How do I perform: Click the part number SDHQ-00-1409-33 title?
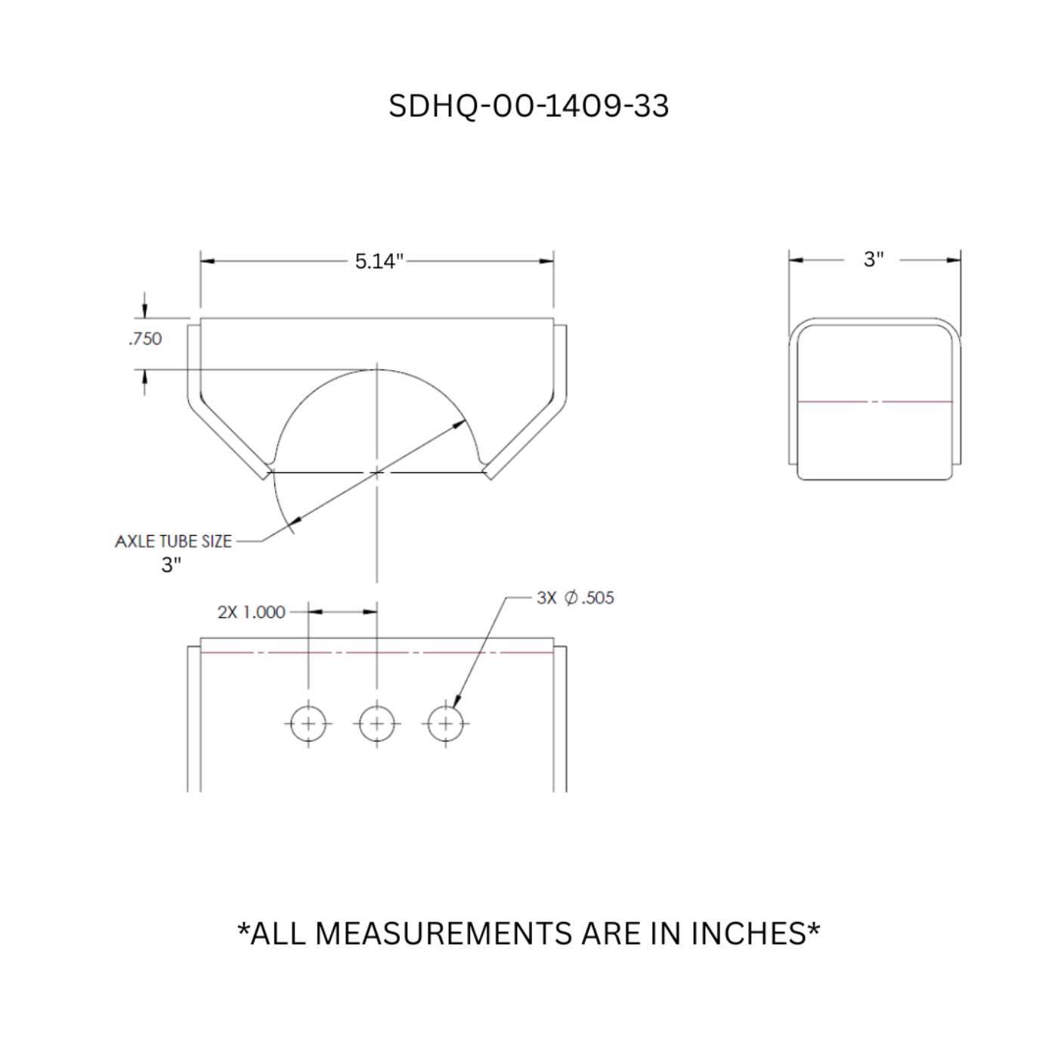pos(528,106)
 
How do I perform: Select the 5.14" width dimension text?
pos(379,261)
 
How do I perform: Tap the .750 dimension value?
pos(145,339)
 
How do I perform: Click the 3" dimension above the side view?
pos(874,259)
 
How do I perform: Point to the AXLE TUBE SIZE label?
pos(173,541)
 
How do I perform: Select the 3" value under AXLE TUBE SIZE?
pos(171,565)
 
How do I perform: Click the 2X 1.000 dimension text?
pos(251,612)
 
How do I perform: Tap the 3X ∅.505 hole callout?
pos(575,598)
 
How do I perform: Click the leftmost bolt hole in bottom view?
pos(308,724)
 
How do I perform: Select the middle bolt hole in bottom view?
pos(376,724)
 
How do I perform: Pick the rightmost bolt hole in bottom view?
pos(445,724)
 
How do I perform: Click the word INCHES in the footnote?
pos(748,934)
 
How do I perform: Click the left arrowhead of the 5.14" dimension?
pos(207,261)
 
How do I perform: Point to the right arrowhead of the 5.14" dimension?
pos(546,261)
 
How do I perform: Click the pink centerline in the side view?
pos(874,401)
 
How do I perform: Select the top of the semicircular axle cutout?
pos(377,370)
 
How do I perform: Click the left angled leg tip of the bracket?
pos(265,473)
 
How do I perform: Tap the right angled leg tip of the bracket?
pos(489,473)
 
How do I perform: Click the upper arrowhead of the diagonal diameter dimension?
pos(459,424)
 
